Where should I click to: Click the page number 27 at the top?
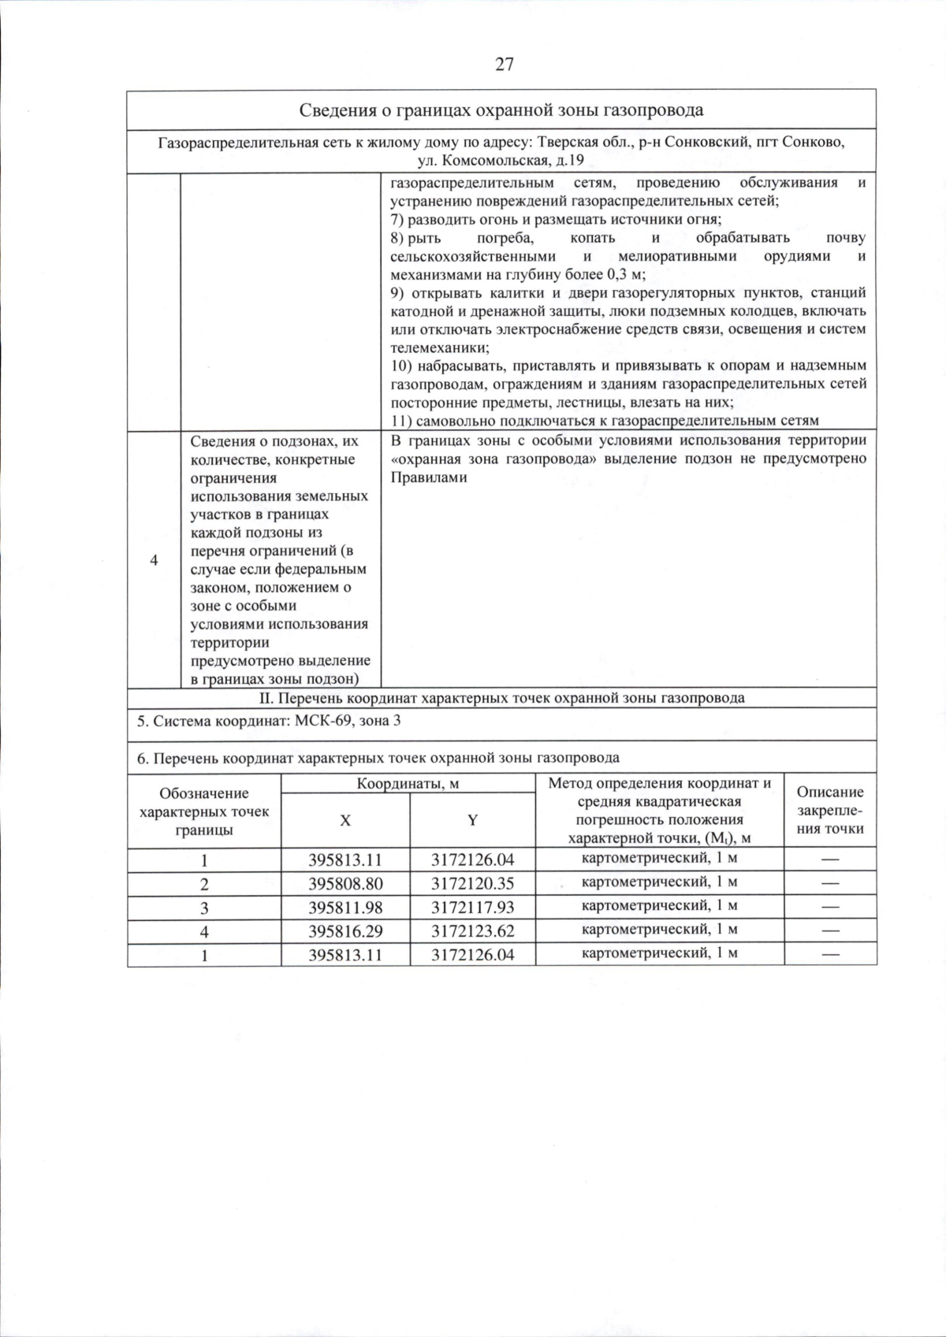[505, 65]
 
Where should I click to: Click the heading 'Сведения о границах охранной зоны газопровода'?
[501, 110]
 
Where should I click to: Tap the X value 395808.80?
[345, 883]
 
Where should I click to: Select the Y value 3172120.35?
[472, 883]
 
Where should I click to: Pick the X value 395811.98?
[345, 907]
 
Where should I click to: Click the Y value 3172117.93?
[472, 907]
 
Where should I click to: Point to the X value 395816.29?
[345, 931]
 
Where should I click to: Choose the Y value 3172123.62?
[472, 931]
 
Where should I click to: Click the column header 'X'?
[345, 820]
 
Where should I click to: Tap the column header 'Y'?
[472, 820]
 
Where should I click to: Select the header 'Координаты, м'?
[408, 783]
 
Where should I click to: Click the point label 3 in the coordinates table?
[204, 908]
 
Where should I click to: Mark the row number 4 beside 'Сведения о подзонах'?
[154, 560]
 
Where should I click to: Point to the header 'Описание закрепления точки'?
[830, 810]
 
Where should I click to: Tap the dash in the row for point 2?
[830, 883]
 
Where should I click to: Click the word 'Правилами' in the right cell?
[429, 477]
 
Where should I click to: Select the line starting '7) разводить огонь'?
[556, 219]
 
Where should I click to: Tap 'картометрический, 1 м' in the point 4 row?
[659, 930]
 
